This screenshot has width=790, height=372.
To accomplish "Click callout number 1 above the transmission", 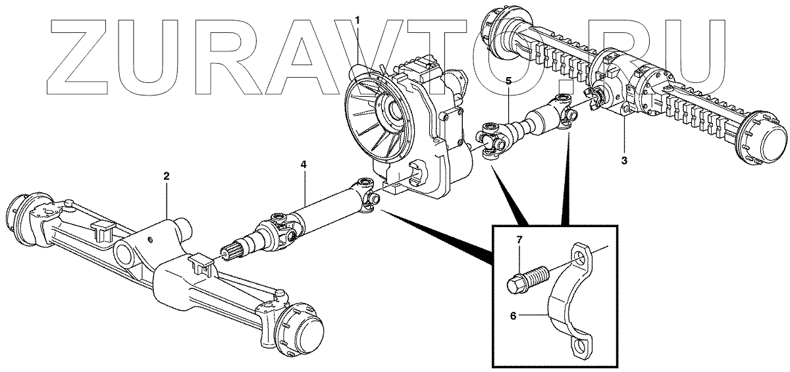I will click(357, 20).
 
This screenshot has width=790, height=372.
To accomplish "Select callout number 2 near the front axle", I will click(167, 176).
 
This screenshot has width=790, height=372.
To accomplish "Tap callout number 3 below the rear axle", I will click(625, 160).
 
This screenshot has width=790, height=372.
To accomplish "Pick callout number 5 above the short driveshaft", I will click(508, 81).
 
